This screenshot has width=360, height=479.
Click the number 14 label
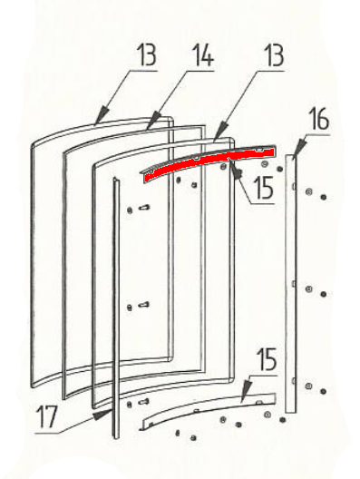click(204, 54)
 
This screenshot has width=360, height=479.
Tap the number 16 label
click(319, 119)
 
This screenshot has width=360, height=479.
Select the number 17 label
click(47, 416)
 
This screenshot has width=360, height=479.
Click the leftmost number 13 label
click(146, 54)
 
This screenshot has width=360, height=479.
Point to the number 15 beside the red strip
click(264, 188)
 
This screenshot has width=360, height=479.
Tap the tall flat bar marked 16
click(290, 283)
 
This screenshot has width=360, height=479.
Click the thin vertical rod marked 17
click(116, 307)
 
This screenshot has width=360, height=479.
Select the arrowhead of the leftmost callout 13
click(101, 115)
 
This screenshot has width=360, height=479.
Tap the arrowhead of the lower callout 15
click(245, 390)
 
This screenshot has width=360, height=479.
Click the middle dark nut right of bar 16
click(324, 294)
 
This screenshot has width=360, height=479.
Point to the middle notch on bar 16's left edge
click(294, 284)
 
